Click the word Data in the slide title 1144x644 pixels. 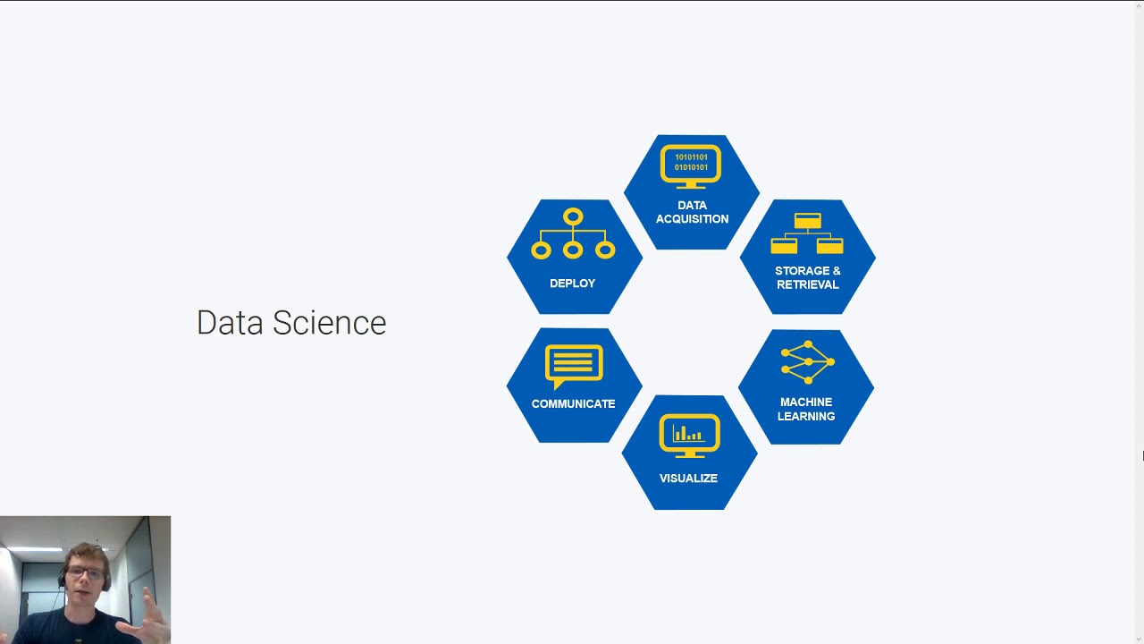click(230, 323)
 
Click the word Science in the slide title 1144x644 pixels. click(329, 323)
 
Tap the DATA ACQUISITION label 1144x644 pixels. click(692, 212)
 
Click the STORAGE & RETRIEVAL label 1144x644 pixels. click(807, 277)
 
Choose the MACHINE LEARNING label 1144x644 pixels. click(806, 409)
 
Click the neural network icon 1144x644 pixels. click(807, 362)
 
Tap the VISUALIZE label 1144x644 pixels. click(688, 479)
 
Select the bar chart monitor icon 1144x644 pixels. click(689, 436)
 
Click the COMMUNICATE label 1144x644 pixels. click(573, 404)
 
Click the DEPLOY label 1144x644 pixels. click(572, 284)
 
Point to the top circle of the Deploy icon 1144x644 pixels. click(573, 217)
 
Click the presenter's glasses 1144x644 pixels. click(85, 572)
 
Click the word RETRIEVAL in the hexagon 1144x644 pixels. click(807, 284)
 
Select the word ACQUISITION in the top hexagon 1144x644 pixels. click(692, 219)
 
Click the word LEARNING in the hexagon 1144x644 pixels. click(806, 416)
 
